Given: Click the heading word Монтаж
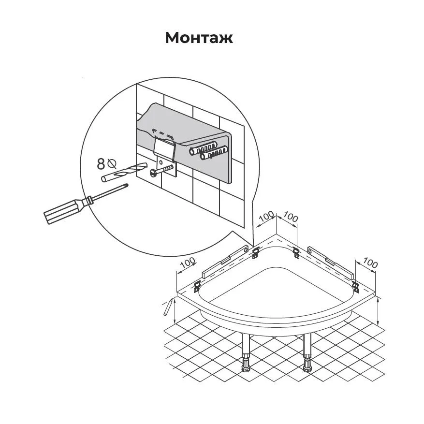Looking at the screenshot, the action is pyautogui.click(x=199, y=38).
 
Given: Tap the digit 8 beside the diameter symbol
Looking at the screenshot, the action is pyautogui.click(x=101, y=164).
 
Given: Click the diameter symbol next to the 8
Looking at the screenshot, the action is pyautogui.click(x=111, y=163).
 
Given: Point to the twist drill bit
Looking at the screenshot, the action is pyautogui.click(x=124, y=172).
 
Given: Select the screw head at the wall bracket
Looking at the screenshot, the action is pyautogui.click(x=153, y=173).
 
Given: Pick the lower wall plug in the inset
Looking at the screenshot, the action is pyautogui.click(x=214, y=153).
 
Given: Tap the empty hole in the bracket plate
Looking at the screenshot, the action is pyautogui.click(x=161, y=162).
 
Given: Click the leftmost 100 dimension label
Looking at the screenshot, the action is pyautogui.click(x=188, y=263).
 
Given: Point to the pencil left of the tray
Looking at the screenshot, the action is pyautogui.click(x=168, y=307).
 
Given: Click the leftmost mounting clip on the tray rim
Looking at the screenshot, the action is pyautogui.click(x=197, y=286).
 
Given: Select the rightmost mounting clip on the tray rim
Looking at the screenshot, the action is pyautogui.click(x=355, y=287).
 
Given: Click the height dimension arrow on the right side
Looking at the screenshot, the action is pyautogui.click(x=378, y=311).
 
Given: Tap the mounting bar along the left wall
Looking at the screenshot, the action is pyautogui.click(x=225, y=262).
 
